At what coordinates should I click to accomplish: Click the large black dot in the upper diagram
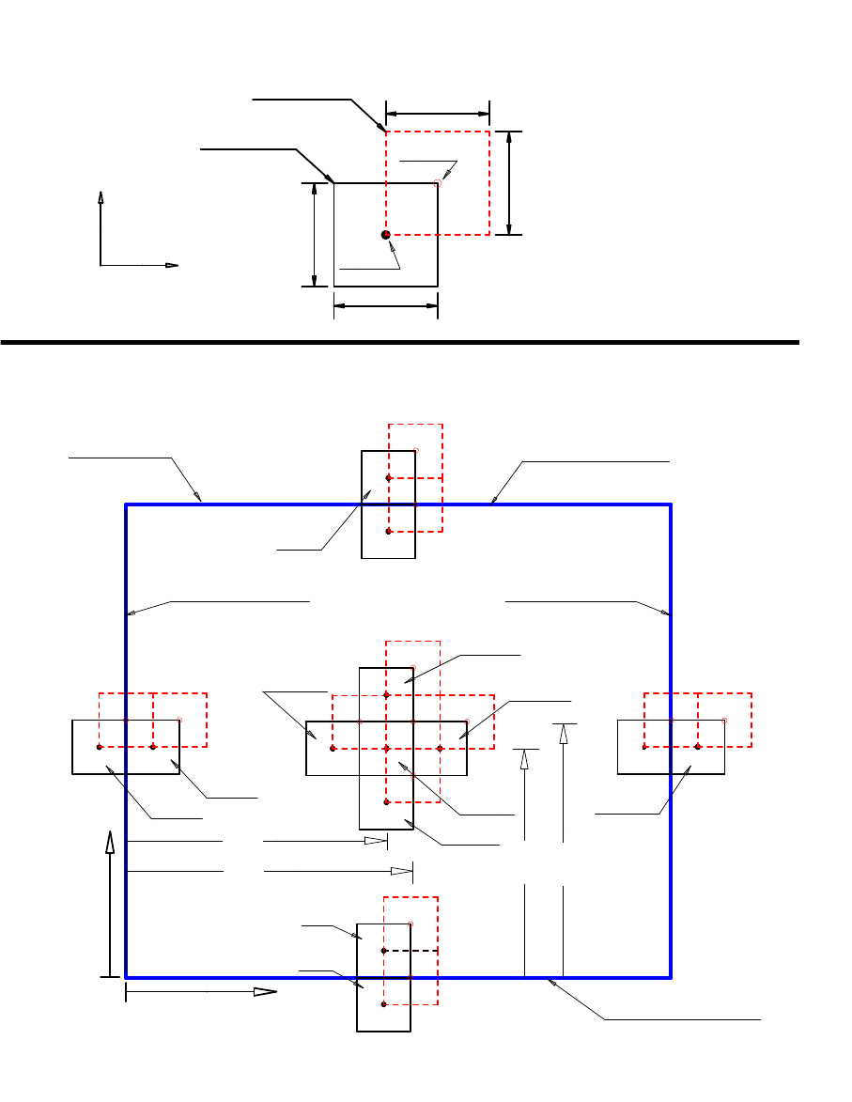pos(385,234)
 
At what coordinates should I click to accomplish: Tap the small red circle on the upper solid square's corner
pos(438,183)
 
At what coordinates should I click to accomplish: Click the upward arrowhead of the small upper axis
pos(101,197)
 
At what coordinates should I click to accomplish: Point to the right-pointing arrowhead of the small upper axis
pos(172,265)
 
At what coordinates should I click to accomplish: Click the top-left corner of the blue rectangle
pos(127,504)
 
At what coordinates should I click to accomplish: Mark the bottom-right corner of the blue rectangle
pos(670,977)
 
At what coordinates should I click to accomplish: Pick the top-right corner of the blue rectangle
pos(670,504)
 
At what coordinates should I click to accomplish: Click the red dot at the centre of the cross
pos(386,749)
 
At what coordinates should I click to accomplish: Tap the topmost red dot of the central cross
pos(386,695)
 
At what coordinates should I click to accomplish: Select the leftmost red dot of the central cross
pos(333,749)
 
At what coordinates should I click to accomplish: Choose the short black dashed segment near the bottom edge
pos(411,951)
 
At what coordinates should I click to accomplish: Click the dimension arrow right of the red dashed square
pos(509,182)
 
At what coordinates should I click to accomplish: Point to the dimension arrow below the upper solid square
pos(386,305)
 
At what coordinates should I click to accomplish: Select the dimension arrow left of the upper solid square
pos(314,234)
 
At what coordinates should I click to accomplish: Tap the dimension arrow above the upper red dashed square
pos(437,114)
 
